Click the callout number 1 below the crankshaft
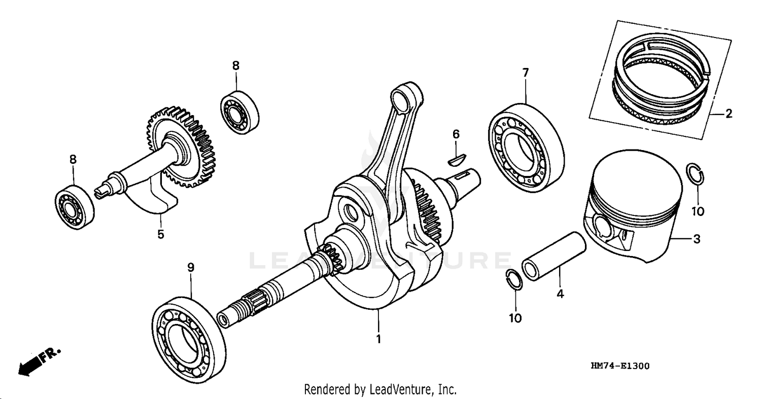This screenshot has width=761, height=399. point(378,339)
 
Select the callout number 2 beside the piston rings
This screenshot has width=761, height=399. point(729,114)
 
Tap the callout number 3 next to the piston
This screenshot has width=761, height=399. point(697,239)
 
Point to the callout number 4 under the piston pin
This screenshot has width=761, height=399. point(561,294)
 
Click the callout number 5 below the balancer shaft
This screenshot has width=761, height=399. point(161,235)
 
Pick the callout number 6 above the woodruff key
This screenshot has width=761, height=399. point(456,134)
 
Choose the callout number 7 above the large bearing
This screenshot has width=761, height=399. point(526,73)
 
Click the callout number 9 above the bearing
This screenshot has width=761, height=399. point(191,267)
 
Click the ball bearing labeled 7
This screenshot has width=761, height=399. point(527,147)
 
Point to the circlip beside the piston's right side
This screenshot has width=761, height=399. point(695,175)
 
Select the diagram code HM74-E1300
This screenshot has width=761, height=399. point(619,366)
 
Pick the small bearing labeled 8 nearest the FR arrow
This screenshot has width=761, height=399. point(74,207)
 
